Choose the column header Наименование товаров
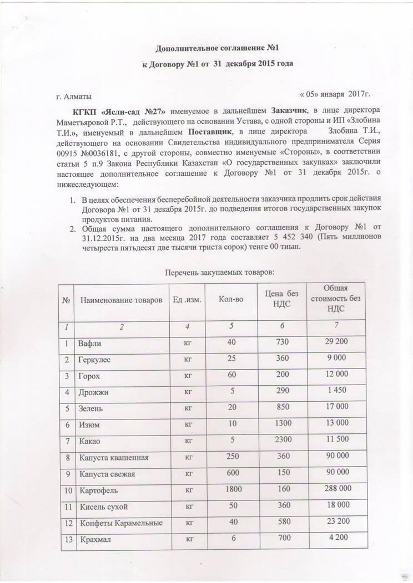click(x=122, y=300)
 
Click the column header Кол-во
click(x=230, y=300)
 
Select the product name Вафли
click(x=90, y=344)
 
